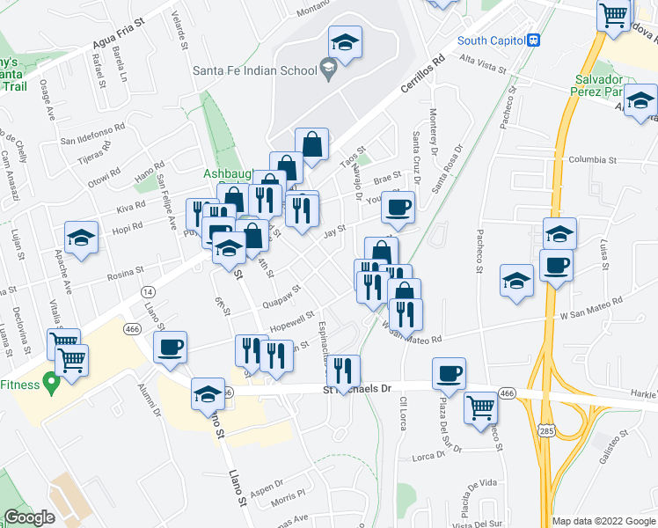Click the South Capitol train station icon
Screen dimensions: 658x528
click(x=533, y=40)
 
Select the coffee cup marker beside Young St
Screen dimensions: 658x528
click(x=398, y=208)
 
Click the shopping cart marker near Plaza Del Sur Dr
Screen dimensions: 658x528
click(x=480, y=407)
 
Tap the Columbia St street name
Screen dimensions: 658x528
click(x=589, y=160)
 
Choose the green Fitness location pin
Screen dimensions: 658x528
click(x=52, y=384)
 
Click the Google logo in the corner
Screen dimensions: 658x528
click(x=30, y=517)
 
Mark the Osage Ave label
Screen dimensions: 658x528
click(x=48, y=103)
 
